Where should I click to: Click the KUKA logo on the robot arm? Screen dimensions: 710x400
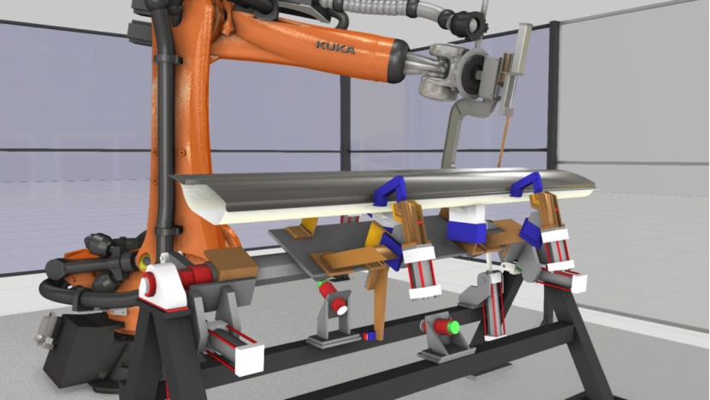point(335,47)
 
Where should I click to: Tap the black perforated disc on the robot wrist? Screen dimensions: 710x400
point(474,74)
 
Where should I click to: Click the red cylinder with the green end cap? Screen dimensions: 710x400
point(441,326)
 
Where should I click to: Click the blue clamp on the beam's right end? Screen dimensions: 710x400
point(527,183)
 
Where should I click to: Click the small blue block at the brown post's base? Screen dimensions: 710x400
point(370,336)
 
